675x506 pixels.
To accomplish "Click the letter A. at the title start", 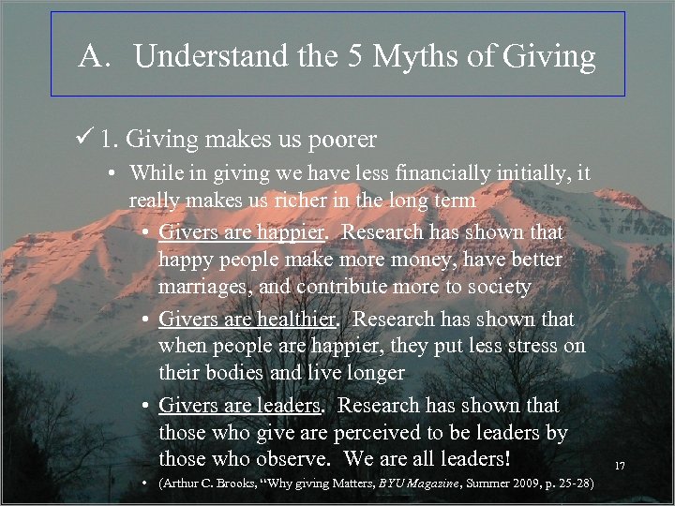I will [95, 57].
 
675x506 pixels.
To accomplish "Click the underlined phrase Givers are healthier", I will [247, 319].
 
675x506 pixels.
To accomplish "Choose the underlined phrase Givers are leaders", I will [240, 406].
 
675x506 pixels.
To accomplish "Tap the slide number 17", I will [620, 466].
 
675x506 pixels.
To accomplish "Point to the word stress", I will [512, 346].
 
